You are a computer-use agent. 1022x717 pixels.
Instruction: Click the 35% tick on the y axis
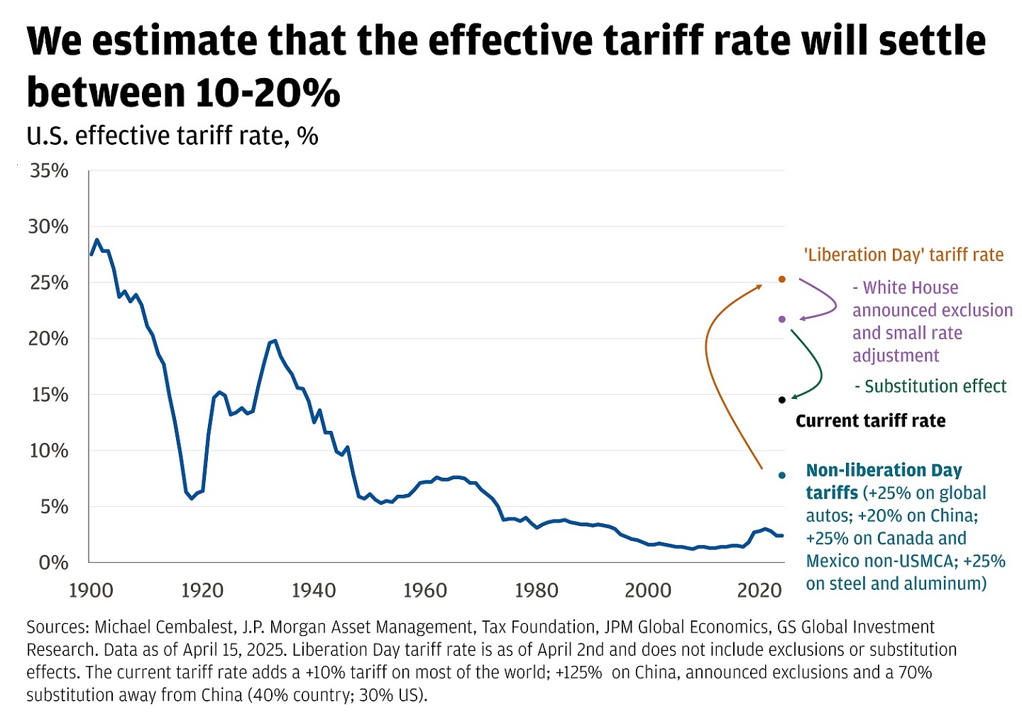(49, 171)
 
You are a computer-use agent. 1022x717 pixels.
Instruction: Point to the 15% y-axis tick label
(49, 395)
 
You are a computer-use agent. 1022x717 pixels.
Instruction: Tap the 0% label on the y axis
(53, 563)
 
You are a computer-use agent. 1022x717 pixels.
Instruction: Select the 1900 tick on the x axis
(91, 591)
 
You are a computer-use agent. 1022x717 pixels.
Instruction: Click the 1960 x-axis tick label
(425, 591)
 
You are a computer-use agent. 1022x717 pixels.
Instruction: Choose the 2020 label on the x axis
(759, 591)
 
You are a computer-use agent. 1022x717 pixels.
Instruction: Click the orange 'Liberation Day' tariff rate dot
(782, 280)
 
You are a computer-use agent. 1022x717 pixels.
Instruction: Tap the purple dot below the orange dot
(782, 319)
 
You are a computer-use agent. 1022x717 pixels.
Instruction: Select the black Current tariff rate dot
(782, 400)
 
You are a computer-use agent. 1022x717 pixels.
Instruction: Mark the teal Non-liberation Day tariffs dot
(782, 475)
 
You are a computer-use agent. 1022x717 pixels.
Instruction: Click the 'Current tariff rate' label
(870, 421)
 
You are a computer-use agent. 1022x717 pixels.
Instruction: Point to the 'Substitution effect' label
(935, 387)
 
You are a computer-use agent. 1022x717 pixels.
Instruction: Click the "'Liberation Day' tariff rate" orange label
(903, 256)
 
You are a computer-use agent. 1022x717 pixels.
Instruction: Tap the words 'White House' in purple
(911, 288)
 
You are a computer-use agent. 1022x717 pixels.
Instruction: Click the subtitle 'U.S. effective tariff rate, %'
(172, 136)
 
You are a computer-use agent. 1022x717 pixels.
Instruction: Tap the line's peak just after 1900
(97, 240)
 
